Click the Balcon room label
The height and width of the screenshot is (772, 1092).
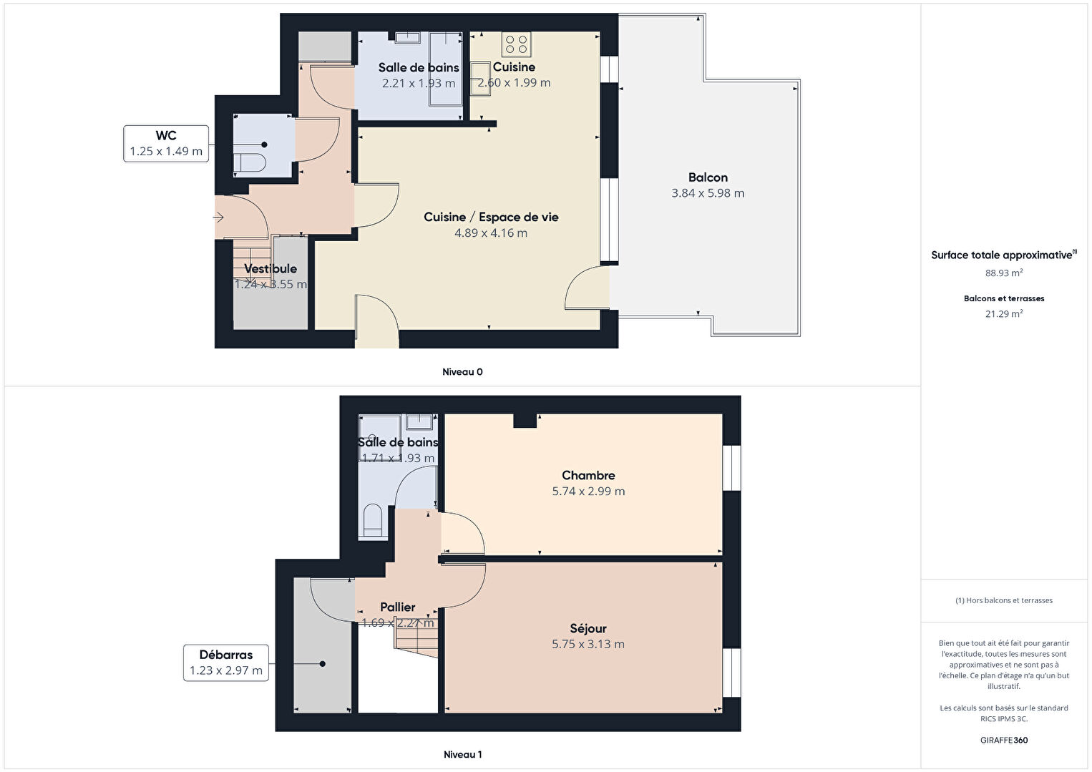click(x=708, y=177)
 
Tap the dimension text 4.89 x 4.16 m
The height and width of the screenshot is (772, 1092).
click(x=491, y=233)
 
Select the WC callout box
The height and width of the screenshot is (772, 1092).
click(x=166, y=143)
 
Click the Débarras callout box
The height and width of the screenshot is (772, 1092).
click(x=225, y=663)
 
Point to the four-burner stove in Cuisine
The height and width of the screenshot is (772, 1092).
click(x=516, y=44)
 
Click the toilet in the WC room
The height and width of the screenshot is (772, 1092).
click(x=249, y=163)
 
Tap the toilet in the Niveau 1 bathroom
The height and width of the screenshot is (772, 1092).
click(x=373, y=521)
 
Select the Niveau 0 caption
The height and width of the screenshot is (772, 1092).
click(x=462, y=372)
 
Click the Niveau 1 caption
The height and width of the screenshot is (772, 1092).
click(x=462, y=754)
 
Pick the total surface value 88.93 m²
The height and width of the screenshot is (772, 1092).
click(x=1004, y=273)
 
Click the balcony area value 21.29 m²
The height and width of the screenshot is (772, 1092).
click(x=1004, y=314)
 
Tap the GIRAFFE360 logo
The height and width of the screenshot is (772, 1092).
click(x=1004, y=740)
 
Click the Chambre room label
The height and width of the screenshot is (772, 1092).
click(x=588, y=475)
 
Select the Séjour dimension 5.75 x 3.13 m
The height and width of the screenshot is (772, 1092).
click(x=588, y=645)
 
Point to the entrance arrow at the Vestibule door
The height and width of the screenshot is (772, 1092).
click(x=218, y=218)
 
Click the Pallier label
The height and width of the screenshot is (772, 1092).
click(x=398, y=607)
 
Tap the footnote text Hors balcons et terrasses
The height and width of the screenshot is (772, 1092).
click(x=1009, y=600)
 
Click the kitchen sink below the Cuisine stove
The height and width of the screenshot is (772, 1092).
click(x=481, y=79)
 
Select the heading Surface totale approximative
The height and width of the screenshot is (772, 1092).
click(x=1002, y=255)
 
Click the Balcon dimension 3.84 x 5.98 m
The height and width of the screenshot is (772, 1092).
click(x=708, y=193)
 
